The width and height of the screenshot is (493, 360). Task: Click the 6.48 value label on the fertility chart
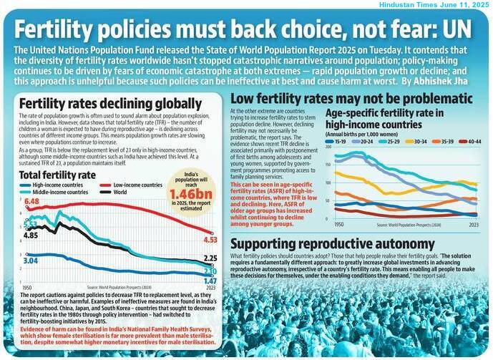point(31,203)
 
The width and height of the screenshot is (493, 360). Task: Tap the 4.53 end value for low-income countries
point(210,240)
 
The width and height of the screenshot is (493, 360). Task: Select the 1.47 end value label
point(210,281)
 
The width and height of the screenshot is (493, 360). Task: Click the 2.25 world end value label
point(210,258)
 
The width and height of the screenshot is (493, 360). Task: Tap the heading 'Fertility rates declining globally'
point(98,103)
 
